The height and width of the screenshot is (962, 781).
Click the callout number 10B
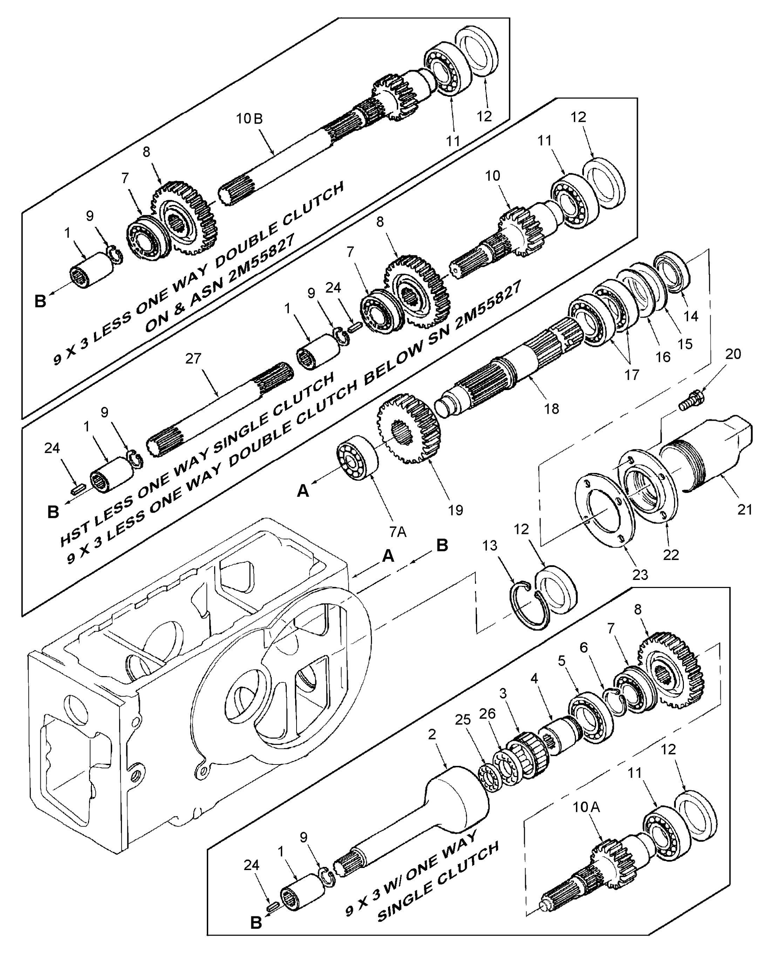[x=249, y=119]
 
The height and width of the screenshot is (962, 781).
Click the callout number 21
[x=745, y=510]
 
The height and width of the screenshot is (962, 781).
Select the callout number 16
[x=663, y=357]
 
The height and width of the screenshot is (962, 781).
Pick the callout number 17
[x=632, y=375]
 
